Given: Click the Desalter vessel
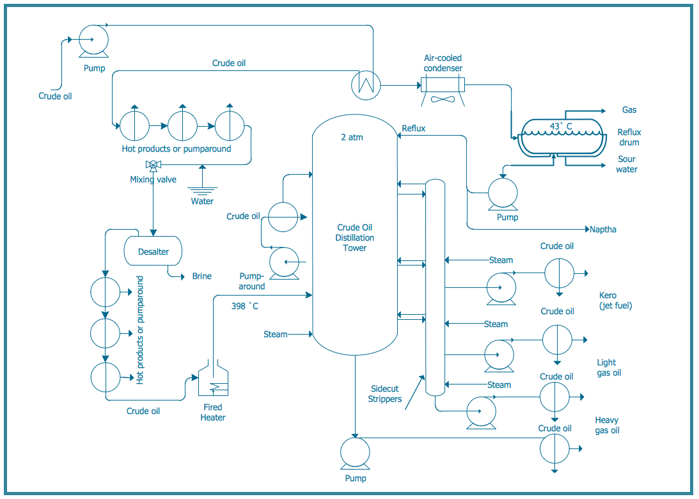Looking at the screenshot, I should click(153, 251).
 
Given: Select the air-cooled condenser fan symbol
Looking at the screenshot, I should click(443, 99).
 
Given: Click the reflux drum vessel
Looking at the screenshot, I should click(561, 136).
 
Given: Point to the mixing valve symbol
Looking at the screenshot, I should click(153, 166).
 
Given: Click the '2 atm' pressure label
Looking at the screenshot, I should click(352, 137).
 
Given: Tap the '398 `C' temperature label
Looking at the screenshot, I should click(245, 306).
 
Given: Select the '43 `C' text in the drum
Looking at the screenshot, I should click(561, 126).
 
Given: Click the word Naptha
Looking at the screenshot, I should click(603, 229).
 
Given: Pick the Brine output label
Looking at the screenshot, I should click(201, 276).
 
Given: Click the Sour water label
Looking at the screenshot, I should click(627, 164).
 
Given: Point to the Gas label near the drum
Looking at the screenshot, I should click(629, 110).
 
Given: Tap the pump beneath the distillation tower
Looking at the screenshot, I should click(355, 453).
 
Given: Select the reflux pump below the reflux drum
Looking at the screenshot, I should click(503, 193).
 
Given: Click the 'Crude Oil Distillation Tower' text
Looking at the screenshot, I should click(355, 237).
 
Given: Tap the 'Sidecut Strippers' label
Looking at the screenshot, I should click(385, 394).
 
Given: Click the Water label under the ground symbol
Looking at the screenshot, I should click(202, 202).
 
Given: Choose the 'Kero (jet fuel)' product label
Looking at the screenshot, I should click(615, 301).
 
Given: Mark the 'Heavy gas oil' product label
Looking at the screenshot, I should click(607, 425).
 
